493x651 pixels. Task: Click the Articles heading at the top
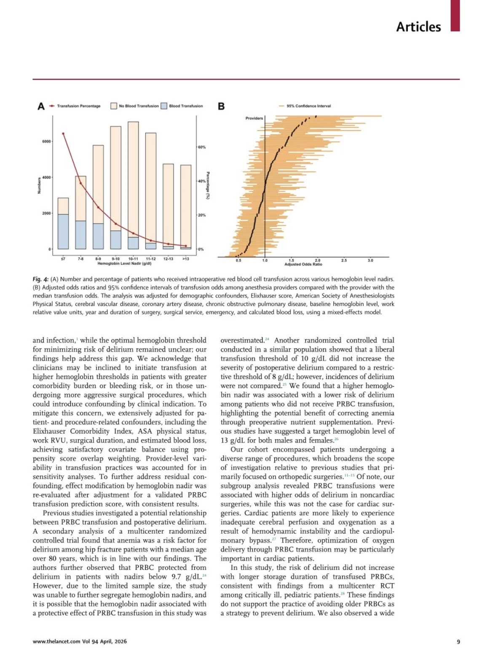[418, 27]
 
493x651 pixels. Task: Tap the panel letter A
[41, 106]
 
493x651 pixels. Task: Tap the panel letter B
[221, 106]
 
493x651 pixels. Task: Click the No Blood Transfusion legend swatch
[114, 106]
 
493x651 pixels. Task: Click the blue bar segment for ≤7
[63, 232]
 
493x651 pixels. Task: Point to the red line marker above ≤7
[63, 134]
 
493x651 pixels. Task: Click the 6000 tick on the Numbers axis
[46, 141]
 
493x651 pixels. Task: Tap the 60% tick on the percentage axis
[202, 147]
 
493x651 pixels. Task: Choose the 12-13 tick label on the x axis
[168, 259]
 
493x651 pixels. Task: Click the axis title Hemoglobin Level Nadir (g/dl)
[124, 264]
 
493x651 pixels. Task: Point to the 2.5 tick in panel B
[344, 260]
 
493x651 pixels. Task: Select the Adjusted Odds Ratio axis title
[303, 265]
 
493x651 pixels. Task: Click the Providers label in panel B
[254, 118]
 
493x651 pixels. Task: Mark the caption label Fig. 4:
[41, 279]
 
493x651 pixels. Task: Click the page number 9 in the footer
[458, 642]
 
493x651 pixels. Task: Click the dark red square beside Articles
[455, 16]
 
